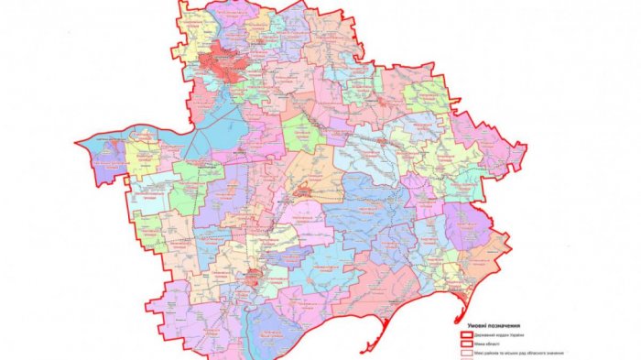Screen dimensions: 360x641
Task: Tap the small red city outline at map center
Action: coord(303,191)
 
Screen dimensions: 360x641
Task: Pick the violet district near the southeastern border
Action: coord(467,224)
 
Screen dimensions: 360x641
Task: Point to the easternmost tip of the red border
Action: coord(527,146)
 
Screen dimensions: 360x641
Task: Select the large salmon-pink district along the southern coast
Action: coord(385,284)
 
